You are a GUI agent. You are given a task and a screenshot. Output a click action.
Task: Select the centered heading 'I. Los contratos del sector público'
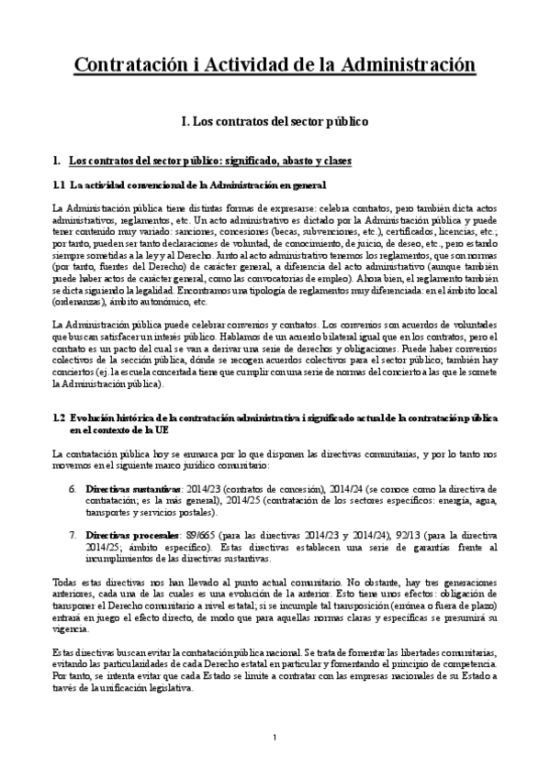275,120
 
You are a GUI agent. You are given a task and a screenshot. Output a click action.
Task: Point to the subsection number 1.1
60,185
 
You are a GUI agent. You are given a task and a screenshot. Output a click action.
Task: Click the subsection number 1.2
60,417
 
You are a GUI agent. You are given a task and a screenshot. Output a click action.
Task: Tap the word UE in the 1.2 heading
151,428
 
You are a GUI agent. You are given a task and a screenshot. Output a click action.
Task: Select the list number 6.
73,489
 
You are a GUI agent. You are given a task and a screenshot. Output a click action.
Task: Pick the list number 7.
73,533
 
